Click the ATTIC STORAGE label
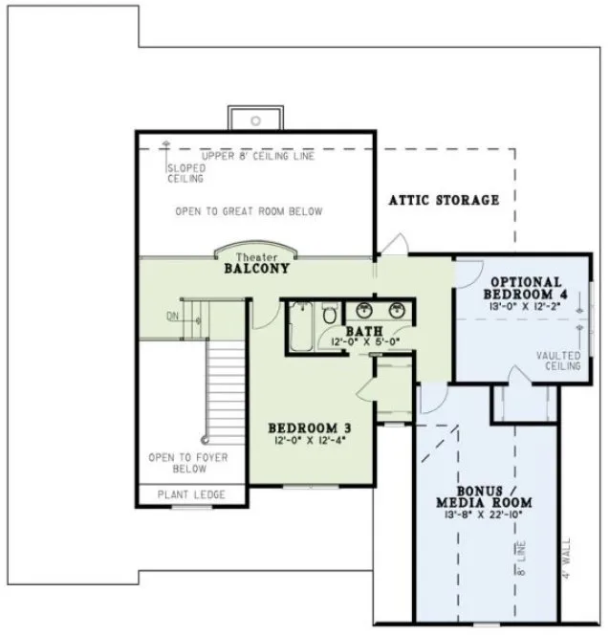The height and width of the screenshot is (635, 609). click(444, 200)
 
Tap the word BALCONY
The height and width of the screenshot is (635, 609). click(256, 270)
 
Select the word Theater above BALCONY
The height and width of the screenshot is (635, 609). click(255, 258)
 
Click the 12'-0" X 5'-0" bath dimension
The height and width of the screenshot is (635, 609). click(364, 341)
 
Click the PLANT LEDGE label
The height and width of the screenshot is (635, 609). click(190, 494)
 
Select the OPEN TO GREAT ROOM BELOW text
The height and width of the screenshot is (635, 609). click(249, 211)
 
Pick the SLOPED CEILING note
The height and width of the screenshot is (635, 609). click(185, 172)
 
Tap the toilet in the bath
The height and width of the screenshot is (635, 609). click(329, 312)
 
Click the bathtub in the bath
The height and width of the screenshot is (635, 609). click(300, 330)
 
